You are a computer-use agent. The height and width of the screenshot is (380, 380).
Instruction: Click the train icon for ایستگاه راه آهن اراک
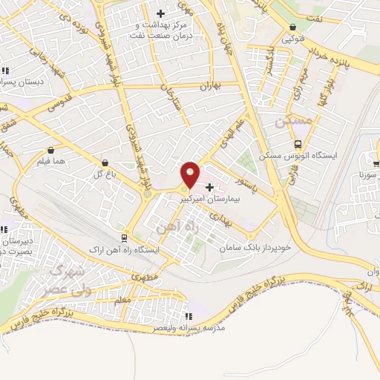click(122, 238)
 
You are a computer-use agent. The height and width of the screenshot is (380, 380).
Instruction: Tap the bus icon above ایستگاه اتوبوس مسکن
click(298, 144)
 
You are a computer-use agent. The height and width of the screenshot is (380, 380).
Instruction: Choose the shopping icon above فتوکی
click(292, 28)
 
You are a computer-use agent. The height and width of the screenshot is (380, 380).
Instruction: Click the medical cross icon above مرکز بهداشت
click(160, 13)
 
